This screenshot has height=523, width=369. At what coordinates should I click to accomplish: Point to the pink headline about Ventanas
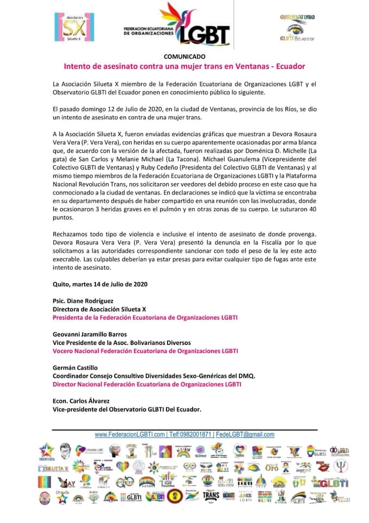coord(184,66)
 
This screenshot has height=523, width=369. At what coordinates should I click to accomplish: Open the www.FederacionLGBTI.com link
coord(130,435)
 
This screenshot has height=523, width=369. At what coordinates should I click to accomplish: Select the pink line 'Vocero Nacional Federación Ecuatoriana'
coord(145,351)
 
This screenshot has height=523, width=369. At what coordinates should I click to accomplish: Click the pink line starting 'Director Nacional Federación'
coord(146,384)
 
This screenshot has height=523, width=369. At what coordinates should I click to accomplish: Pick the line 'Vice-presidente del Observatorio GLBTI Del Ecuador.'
coord(127,410)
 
